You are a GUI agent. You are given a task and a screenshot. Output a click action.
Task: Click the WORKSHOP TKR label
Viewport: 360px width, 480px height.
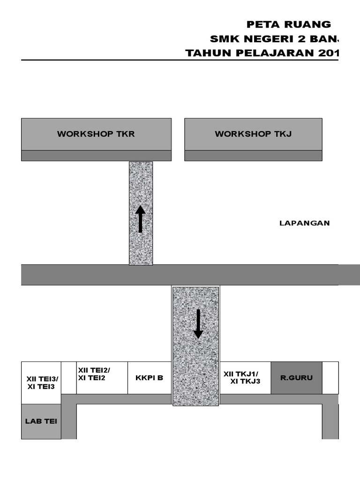[96, 134]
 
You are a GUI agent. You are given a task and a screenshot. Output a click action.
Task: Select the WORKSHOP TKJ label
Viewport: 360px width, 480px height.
[253, 134]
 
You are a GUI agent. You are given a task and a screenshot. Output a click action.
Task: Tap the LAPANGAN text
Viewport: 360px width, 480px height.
[304, 223]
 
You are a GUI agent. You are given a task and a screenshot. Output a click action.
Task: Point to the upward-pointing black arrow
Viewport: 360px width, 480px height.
[140, 219]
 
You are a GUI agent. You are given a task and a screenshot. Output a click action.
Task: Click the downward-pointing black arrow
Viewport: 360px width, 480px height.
[198, 323]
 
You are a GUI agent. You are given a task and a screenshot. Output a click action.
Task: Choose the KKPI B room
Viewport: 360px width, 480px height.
[150, 377]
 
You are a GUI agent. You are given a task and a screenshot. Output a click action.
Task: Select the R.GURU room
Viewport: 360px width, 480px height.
[296, 377]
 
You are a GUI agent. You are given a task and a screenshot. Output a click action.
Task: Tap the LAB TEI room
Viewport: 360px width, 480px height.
[41, 421]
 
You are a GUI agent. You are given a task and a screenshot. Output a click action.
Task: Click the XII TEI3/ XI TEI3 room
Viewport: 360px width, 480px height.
[41, 382]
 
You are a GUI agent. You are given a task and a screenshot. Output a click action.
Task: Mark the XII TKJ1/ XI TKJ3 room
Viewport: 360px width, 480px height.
[245, 377]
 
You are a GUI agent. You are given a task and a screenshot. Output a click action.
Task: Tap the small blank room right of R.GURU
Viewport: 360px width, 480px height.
[330, 377]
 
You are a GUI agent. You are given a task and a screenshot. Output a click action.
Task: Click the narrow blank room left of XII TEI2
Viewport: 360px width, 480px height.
[68, 377]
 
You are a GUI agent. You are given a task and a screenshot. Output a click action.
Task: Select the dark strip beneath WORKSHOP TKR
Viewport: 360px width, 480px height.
[96, 156]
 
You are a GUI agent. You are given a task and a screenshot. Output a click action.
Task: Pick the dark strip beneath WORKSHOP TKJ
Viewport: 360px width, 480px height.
[253, 156]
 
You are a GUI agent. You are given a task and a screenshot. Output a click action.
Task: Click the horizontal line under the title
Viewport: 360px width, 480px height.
[178, 60]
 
